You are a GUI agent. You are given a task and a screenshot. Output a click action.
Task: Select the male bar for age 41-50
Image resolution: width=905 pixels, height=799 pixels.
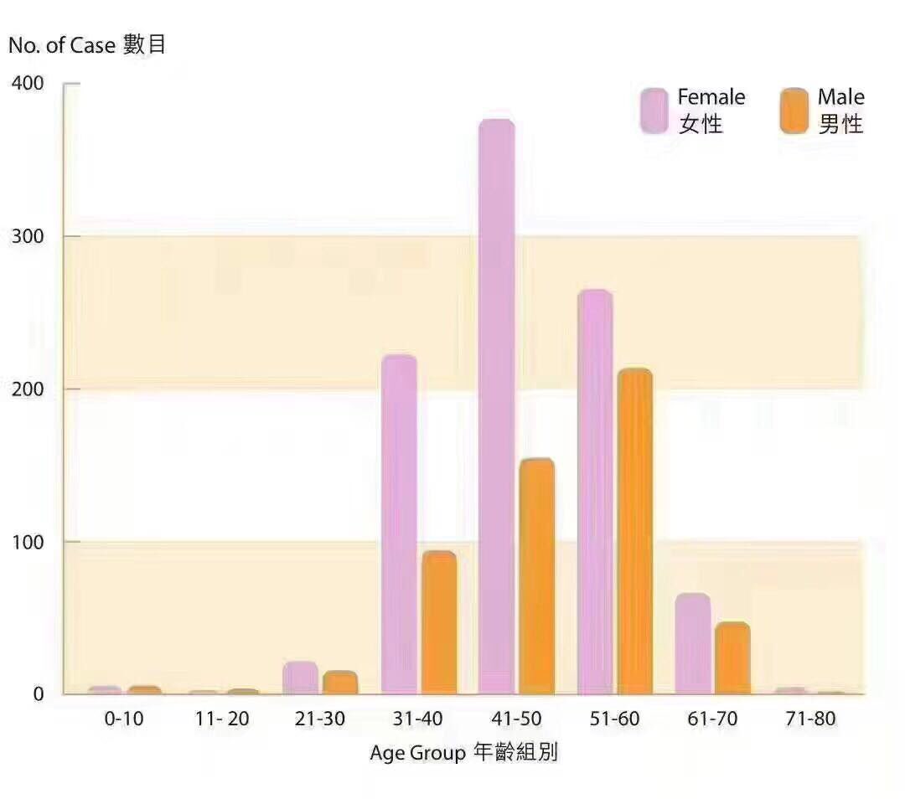[536, 577]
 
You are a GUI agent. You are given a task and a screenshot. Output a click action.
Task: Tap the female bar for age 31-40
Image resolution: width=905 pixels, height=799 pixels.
[399, 524]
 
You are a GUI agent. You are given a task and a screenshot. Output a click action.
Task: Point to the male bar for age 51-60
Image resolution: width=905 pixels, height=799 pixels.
[634, 531]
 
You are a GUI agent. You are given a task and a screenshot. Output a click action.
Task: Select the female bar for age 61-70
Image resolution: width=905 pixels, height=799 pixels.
[692, 644]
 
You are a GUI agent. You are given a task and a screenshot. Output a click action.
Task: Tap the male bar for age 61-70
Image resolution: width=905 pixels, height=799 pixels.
[732, 658]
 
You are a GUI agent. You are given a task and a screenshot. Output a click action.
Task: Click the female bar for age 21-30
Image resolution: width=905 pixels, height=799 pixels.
[300, 678]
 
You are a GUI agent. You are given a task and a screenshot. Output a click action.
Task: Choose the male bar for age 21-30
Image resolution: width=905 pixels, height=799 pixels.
[340, 683]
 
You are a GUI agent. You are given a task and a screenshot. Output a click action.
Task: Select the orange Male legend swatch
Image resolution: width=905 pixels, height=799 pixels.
[794, 111]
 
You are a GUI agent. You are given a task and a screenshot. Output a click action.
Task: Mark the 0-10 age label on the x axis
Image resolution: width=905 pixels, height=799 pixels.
[124, 719]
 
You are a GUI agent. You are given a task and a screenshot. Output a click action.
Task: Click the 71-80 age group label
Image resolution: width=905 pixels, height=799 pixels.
[810, 719]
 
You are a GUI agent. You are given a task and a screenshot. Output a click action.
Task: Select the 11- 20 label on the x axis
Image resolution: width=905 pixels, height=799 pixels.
[221, 719]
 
